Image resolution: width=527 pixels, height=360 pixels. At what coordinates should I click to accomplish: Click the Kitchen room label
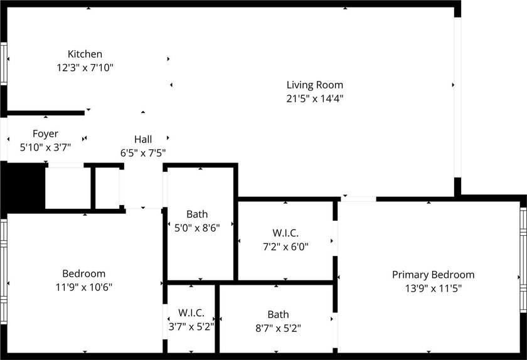pos(85,54)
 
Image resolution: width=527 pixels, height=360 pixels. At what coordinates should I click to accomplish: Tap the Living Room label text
pos(314,85)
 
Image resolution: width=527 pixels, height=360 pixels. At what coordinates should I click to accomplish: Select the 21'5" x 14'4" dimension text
pos(314,98)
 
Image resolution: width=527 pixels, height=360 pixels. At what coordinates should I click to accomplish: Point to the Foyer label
pos(45,134)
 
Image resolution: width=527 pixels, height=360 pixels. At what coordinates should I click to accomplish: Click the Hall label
pos(143,139)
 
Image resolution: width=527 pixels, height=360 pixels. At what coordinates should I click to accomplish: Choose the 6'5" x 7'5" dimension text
pos(143,153)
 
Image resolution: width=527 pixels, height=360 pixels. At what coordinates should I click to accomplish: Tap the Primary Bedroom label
pos(434,275)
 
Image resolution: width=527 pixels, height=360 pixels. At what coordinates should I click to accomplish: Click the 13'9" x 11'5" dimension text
pos(434,289)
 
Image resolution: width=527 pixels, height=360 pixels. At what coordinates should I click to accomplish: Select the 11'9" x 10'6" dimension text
pos(83,287)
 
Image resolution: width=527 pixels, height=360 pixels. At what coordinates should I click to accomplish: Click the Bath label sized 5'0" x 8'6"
pos(197,214)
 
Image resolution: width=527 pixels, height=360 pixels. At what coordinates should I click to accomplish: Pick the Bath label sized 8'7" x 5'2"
pos(278,314)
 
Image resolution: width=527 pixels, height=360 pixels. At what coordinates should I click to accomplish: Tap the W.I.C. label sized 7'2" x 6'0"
pos(285,233)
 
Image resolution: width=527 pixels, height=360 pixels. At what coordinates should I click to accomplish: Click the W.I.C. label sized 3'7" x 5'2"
pos(191,312)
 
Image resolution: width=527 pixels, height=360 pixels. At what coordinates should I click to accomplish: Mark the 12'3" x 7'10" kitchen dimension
pos(85,68)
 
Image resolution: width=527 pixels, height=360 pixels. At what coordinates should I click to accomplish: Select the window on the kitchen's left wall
pos(3,63)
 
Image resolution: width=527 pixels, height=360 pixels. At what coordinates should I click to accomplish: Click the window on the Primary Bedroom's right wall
pos(523,260)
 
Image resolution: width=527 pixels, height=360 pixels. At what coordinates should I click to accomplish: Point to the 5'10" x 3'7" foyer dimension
pos(45,147)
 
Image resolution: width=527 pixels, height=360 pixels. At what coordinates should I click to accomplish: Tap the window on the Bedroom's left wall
pos(3,272)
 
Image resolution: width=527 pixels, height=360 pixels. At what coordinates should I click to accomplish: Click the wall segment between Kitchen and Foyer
pos(45,113)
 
